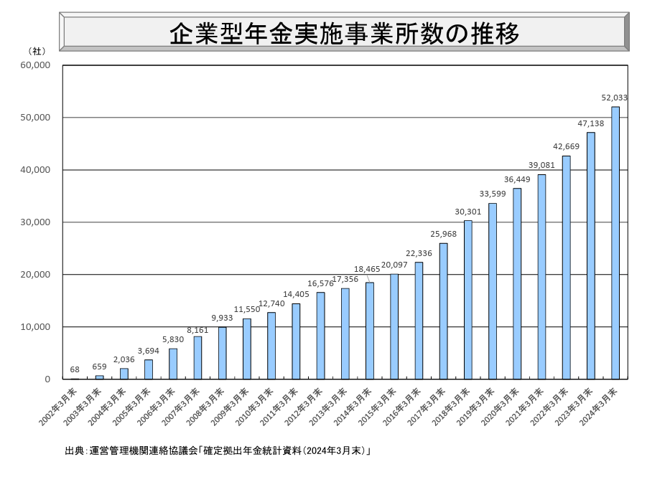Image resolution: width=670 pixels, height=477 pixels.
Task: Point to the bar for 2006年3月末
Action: [173, 364]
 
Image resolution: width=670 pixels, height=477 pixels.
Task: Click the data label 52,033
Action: [615, 98]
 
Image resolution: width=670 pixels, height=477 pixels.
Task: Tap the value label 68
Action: [75, 370]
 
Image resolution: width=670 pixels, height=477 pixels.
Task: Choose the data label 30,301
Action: [467, 212]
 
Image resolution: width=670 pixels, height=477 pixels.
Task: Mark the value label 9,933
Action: [222, 318]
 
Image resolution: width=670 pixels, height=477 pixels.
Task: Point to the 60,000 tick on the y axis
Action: [35, 65]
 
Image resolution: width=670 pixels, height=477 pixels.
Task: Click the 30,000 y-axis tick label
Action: [35, 222]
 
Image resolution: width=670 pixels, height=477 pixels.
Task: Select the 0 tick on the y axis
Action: [47, 379]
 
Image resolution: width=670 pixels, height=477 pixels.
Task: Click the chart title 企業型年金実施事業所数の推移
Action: [344, 33]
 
